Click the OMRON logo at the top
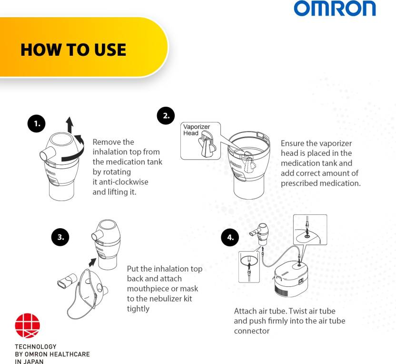click(x=334, y=9)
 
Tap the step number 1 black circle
click(x=36, y=124)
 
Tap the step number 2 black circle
click(x=166, y=116)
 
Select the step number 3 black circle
click(x=60, y=236)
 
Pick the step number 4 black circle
click(x=230, y=237)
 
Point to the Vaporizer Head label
click(x=196, y=130)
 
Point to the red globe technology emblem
click(x=28, y=326)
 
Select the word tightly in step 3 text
click(x=138, y=309)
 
